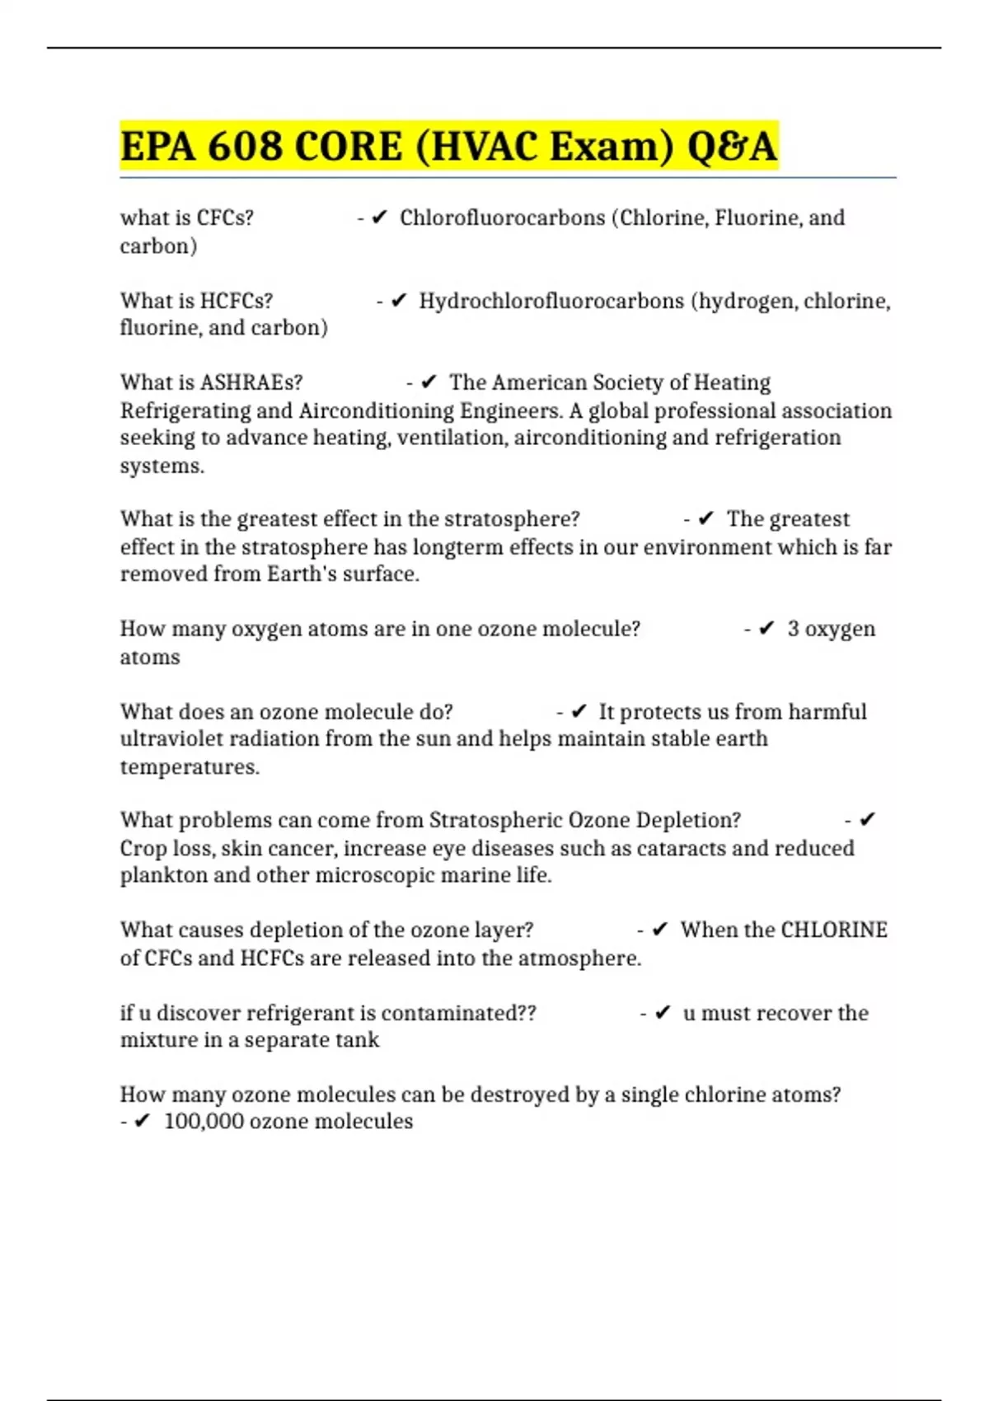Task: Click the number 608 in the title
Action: pyautogui.click(x=245, y=147)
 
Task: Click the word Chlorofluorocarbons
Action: pyautogui.click(x=502, y=218)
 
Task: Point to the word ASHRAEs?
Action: pyautogui.click(x=251, y=382)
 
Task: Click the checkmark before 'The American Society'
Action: pyautogui.click(x=429, y=382)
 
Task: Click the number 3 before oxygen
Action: pyautogui.click(x=793, y=629)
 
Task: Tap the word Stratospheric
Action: pyautogui.click(x=495, y=820)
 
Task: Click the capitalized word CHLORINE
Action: pyautogui.click(x=833, y=930)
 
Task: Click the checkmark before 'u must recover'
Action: pyautogui.click(x=663, y=1013)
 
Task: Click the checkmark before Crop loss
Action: pyautogui.click(x=866, y=820)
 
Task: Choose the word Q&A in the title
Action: pyautogui.click(x=731, y=147)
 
